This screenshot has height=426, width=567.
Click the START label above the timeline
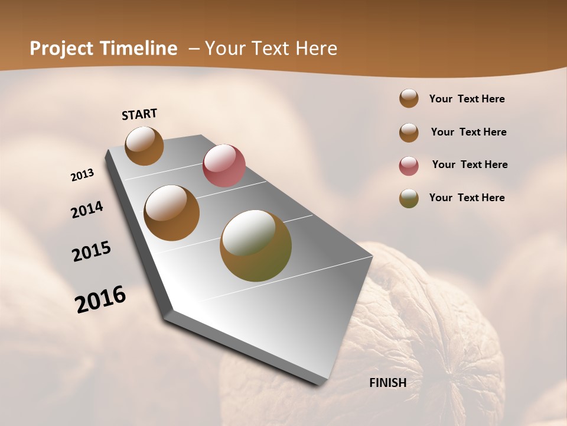click(x=139, y=114)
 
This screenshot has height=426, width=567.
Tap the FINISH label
click(x=387, y=383)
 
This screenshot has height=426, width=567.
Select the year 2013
click(x=83, y=175)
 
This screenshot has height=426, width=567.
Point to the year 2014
click(x=87, y=210)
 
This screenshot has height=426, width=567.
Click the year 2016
click(x=100, y=299)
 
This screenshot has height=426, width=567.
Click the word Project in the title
click(x=61, y=49)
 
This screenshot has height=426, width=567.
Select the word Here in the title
click(x=315, y=49)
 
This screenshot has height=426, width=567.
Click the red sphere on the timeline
click(x=224, y=165)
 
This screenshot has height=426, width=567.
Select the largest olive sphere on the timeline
click(x=256, y=246)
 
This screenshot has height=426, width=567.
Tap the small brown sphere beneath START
click(x=144, y=146)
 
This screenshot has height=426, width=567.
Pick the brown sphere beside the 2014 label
click(x=172, y=213)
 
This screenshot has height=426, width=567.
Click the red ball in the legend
click(x=409, y=166)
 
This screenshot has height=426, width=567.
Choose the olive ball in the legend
click(x=409, y=198)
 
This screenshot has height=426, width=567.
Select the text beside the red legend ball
click(x=470, y=164)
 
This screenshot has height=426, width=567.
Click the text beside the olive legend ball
click(x=467, y=198)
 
